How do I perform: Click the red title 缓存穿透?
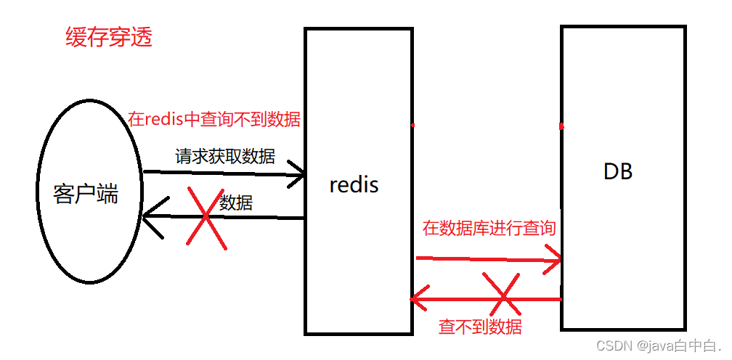[109, 38]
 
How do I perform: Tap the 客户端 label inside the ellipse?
[86, 195]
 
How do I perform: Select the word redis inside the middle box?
[354, 185]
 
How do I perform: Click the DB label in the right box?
[618, 172]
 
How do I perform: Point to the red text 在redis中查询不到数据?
[214, 120]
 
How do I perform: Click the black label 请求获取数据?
[225, 156]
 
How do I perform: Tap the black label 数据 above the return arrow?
[236, 203]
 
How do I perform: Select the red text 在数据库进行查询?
[489, 229]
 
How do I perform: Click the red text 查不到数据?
[480, 327]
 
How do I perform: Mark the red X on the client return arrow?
[206, 216]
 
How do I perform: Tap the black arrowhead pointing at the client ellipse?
[150, 216]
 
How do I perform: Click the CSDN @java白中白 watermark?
[658, 346]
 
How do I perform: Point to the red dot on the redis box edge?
[412, 125]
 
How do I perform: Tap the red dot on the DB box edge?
[562, 126]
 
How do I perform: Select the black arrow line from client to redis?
[218, 173]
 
